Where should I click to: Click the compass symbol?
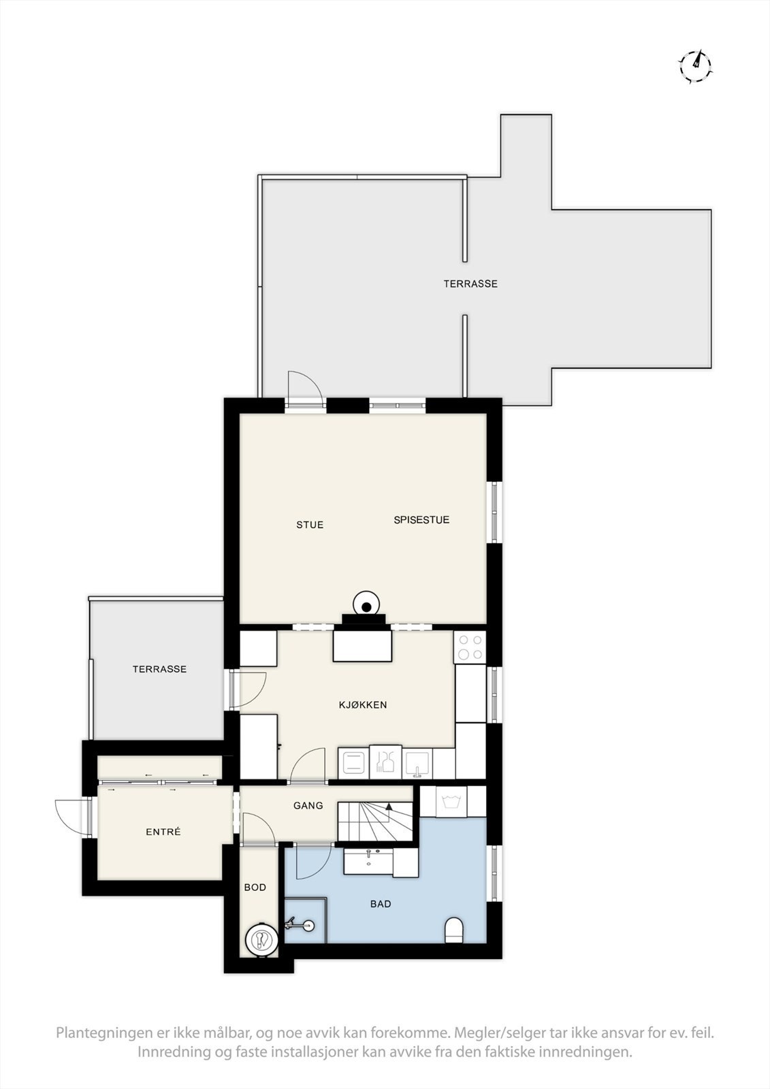pos(695,66)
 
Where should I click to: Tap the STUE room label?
pos(310,525)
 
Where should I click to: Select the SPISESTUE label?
pos(421,520)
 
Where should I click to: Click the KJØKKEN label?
pos(363,705)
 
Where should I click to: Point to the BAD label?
pos(381,904)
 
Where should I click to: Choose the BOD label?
pos(255,888)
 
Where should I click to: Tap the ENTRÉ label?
pos(163,832)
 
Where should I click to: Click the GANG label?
pos(308,806)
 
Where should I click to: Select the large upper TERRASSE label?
pos(470,284)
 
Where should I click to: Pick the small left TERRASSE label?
pos(159,669)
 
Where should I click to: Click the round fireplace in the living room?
pos(366,605)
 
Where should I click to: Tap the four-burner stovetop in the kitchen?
pos(470,647)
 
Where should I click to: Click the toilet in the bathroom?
pos(453,930)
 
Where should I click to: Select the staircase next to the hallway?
pos(375,821)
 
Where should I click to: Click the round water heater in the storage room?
pos(261,940)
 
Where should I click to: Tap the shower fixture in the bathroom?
pos(300,924)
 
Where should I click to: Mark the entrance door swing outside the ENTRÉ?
pos(71,817)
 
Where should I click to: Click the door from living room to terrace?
pos(304,390)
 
